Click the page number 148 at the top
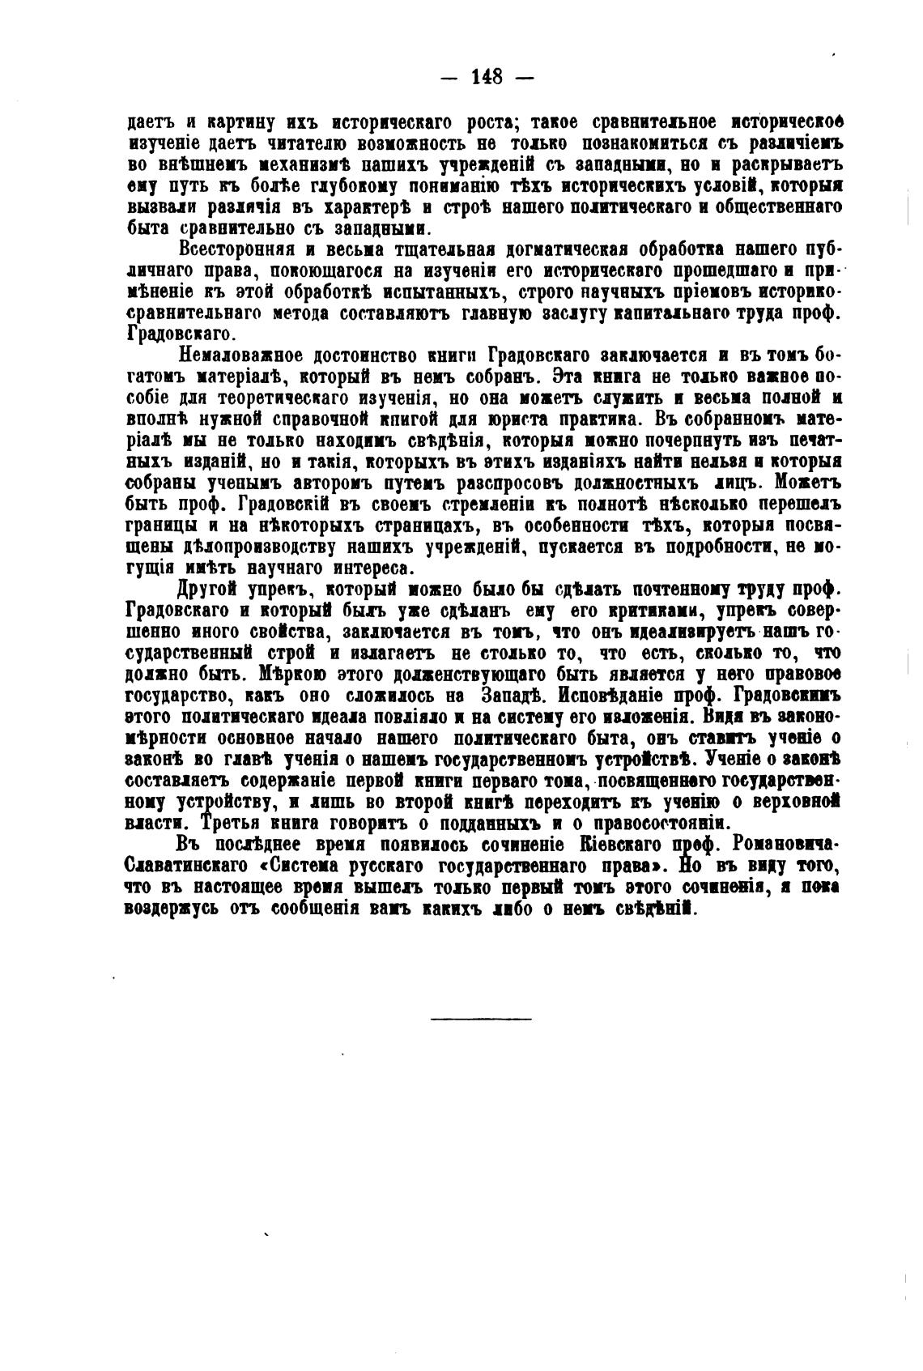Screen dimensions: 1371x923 (x=486, y=78)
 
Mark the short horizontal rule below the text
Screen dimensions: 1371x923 (x=481, y=1018)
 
